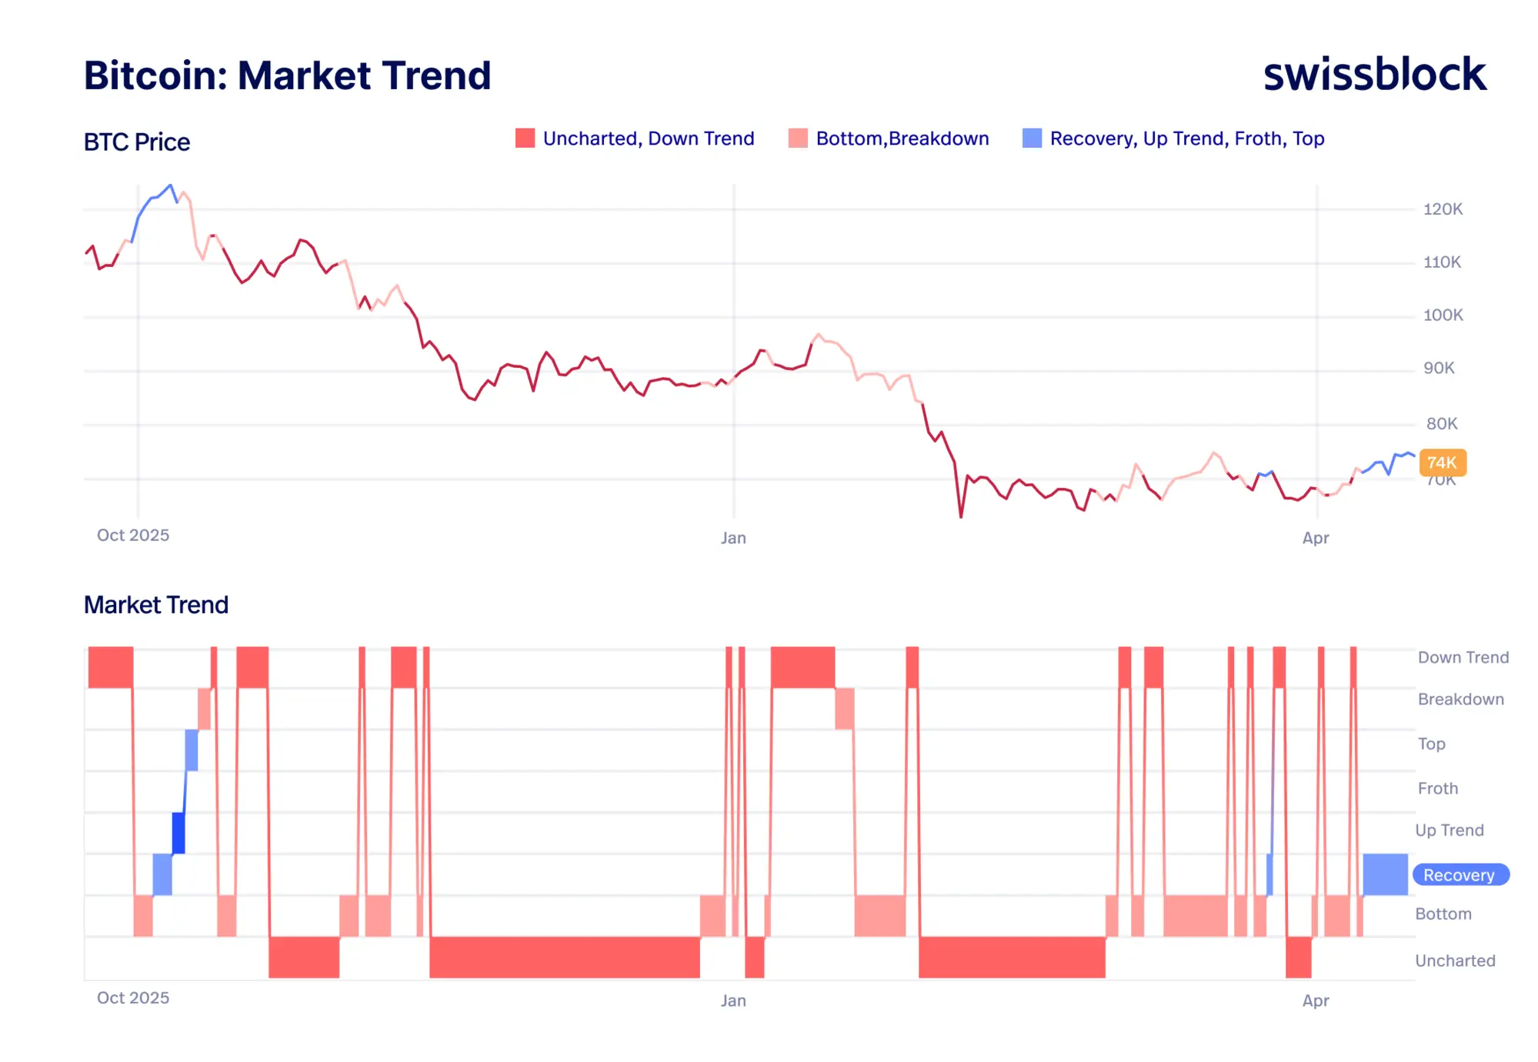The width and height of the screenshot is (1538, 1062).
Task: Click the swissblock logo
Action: (x=1374, y=75)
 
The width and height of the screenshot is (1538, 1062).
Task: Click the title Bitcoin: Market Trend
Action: (x=287, y=75)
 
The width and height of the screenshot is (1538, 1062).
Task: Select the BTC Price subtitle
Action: (x=137, y=142)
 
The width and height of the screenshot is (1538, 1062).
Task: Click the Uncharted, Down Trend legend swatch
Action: (x=525, y=139)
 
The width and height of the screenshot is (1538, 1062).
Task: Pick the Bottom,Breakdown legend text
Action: (x=902, y=139)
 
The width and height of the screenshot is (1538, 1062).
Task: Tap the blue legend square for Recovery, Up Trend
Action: (x=1032, y=139)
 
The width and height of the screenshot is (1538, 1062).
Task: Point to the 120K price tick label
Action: (x=1443, y=209)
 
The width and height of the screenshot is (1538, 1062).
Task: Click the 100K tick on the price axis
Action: (x=1443, y=316)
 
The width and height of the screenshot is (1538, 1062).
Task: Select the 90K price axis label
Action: (x=1439, y=369)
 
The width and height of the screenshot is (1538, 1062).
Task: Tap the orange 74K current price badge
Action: (x=1442, y=463)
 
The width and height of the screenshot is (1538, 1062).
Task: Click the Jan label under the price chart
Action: (x=733, y=538)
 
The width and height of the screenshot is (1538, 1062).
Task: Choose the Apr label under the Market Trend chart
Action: (x=1316, y=1000)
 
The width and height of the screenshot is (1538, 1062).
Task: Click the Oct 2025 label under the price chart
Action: (x=133, y=536)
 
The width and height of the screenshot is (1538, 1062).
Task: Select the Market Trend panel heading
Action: (x=156, y=605)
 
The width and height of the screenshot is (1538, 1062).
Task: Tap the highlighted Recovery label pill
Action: (x=1460, y=875)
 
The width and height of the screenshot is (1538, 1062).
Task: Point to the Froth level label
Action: (x=1437, y=788)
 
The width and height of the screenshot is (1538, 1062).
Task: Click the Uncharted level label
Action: (x=1455, y=960)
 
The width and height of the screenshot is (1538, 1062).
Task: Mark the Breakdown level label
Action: (x=1460, y=700)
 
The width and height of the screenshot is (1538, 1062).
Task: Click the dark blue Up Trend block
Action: (x=178, y=833)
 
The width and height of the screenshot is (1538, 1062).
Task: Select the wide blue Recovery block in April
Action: (x=1385, y=874)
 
